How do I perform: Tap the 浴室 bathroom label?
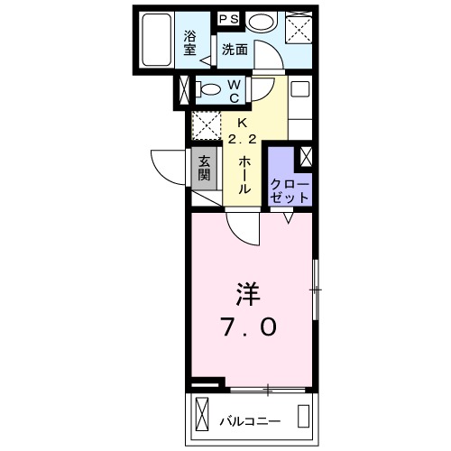point(190,43)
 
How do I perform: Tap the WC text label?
point(233,90)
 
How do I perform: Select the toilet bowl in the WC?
point(209,89)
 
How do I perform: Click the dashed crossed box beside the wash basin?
point(298,29)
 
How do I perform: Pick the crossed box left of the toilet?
point(185,90)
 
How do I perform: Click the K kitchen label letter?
point(241,124)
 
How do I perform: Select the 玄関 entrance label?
point(205,169)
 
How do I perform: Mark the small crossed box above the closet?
point(306,155)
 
